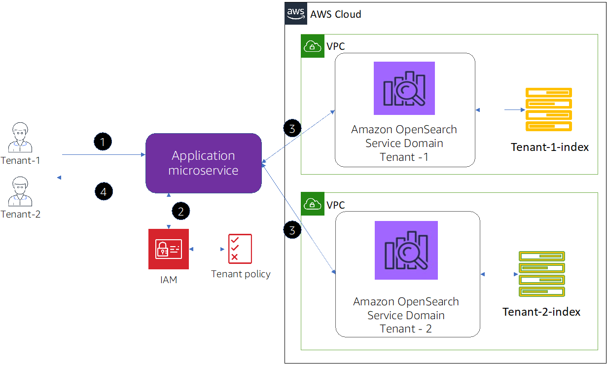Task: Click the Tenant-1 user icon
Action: tap(20, 138)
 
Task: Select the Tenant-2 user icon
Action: tap(20, 192)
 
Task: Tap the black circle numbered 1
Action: tap(103, 142)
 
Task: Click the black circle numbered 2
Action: tap(181, 211)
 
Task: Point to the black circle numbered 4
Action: tap(104, 191)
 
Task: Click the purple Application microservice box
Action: tap(204, 163)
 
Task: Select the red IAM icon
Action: tap(169, 249)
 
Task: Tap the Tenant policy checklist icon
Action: tap(240, 249)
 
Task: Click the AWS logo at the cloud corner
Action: tap(296, 13)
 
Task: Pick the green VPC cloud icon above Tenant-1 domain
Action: tap(313, 46)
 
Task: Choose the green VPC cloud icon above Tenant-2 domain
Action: tap(313, 204)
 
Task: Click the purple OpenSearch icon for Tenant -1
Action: tap(404, 88)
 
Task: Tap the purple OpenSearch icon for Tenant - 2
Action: tap(406, 250)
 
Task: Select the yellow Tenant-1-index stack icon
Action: tap(549, 110)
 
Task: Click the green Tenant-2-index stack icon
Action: tap(542, 274)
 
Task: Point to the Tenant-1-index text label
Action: tap(550, 147)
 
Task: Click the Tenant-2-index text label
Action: tap(541, 312)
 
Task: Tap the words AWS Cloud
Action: tap(336, 14)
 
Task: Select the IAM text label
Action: tap(169, 280)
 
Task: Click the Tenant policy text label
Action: tap(241, 274)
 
